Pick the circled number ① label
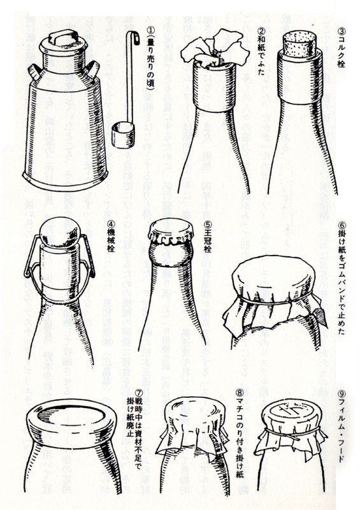click(x=151, y=29)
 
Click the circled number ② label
click(x=261, y=29)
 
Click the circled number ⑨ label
click(x=343, y=394)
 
